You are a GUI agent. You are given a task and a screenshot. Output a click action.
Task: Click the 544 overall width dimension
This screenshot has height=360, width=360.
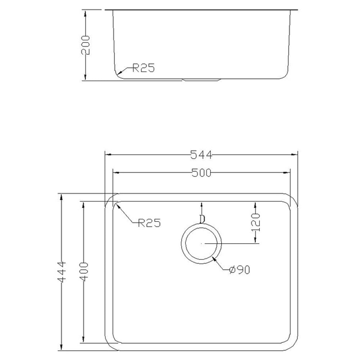point(201,155)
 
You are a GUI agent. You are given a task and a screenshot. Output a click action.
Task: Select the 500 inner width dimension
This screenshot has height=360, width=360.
point(201,173)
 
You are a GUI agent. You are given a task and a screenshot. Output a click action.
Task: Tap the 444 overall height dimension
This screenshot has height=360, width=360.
point(62,272)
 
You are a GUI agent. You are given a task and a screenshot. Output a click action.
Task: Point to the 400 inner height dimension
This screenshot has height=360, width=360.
point(84,272)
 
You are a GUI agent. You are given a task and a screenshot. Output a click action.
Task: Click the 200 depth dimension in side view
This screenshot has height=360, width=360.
point(85,45)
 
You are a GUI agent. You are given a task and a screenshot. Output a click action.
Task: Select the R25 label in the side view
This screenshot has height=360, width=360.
point(143,68)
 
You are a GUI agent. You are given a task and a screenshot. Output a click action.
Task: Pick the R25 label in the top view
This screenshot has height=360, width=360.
point(149,223)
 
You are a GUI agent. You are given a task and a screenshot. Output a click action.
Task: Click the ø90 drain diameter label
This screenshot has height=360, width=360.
point(239,270)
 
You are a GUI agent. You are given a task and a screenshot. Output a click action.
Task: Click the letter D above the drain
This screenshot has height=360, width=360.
point(202,219)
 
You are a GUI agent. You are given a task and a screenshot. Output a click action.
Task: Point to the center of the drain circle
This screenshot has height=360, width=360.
point(202,244)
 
